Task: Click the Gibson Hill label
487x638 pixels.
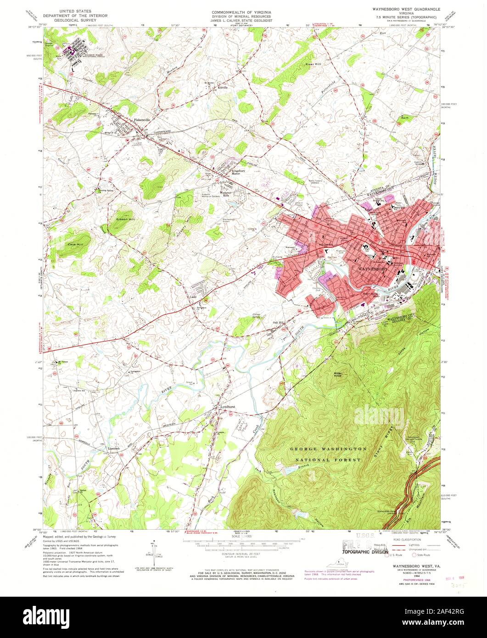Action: click(126, 220)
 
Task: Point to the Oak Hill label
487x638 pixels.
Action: click(279, 323)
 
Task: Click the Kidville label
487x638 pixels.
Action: click(223, 87)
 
